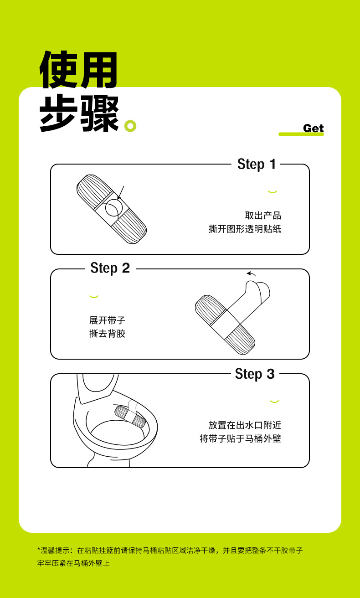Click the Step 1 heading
(x=257, y=164)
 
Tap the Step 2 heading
(x=110, y=268)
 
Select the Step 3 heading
(x=255, y=374)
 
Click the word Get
(x=314, y=129)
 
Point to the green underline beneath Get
(x=301, y=134)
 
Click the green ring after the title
(x=130, y=126)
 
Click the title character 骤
(x=100, y=113)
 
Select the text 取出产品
(x=263, y=216)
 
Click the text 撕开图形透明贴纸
(x=245, y=229)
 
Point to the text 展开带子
(x=107, y=320)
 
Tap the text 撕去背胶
(x=107, y=334)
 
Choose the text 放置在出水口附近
(x=245, y=425)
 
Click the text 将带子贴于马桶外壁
(x=240, y=438)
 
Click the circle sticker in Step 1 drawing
(x=114, y=208)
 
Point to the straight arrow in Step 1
(x=121, y=193)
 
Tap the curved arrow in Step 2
(x=251, y=274)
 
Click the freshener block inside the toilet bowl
(x=130, y=416)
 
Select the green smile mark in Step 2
(x=94, y=296)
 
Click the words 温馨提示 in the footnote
(x=55, y=550)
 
